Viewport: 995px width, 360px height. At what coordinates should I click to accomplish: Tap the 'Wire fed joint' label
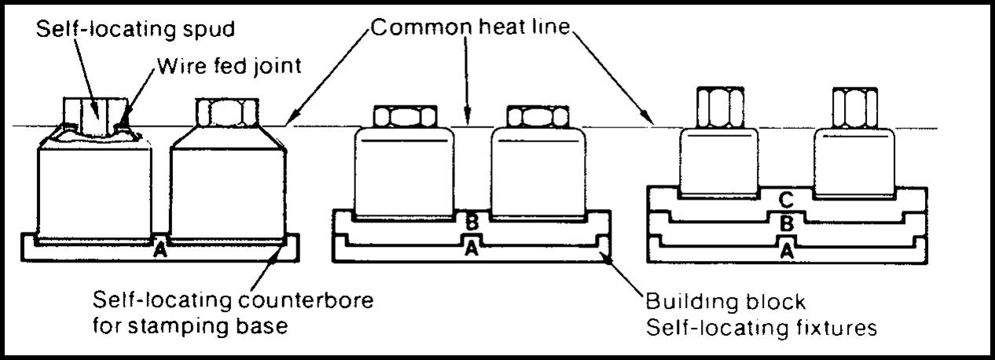pos(229,66)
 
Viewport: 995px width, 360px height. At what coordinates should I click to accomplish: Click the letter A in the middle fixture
pos(472,248)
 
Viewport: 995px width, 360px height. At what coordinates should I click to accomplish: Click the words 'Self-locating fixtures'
pos(761,326)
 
